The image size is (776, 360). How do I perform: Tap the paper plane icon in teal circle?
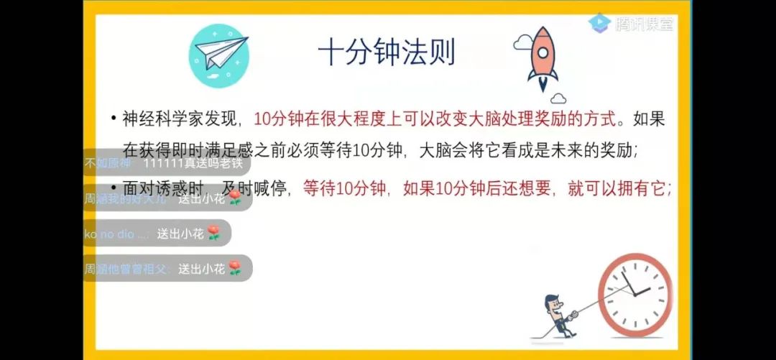(218, 48)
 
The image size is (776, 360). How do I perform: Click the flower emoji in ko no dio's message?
(213, 233)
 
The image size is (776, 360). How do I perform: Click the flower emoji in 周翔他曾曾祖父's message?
(234, 269)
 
